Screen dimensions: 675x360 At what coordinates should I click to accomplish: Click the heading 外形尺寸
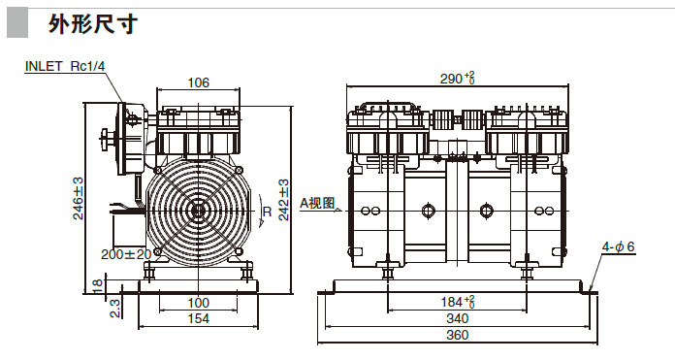(92, 23)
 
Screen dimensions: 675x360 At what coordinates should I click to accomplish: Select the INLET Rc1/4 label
(65, 66)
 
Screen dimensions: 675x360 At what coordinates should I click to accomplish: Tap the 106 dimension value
(198, 82)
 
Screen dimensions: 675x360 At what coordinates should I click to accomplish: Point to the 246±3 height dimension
(78, 199)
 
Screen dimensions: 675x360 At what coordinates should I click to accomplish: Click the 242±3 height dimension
(284, 200)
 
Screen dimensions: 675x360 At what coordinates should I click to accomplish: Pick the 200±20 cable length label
(126, 254)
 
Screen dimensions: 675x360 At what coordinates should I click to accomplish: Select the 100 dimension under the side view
(198, 303)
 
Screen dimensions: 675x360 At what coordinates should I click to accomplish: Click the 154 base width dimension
(199, 318)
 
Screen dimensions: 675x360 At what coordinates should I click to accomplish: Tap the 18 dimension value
(98, 285)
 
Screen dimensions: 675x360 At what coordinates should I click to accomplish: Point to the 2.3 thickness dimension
(115, 308)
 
